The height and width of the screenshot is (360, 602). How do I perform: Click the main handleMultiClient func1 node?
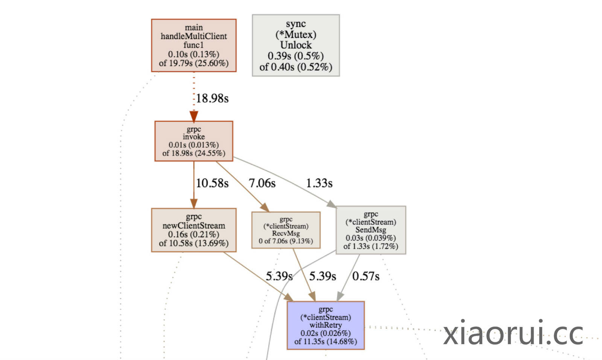[x=193, y=45]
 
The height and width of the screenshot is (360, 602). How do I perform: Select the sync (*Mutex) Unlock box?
[x=296, y=45]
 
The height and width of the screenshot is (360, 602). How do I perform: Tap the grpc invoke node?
[x=193, y=141]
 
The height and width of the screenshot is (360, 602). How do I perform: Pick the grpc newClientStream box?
[x=193, y=230]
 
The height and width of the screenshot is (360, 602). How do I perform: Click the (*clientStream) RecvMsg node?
[x=286, y=230]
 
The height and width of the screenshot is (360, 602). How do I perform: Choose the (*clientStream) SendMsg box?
[x=371, y=230]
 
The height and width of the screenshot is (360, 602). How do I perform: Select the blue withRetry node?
[x=325, y=325]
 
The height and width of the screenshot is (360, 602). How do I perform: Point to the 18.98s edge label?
[x=212, y=99]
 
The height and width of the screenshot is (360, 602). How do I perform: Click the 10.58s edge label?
[x=212, y=183]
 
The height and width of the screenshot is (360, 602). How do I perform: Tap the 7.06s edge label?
[x=262, y=183]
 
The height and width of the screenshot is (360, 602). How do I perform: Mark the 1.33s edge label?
[x=319, y=183]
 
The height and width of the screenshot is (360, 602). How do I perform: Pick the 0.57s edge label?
[x=366, y=276]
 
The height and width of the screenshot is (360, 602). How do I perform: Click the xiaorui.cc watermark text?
[x=513, y=333]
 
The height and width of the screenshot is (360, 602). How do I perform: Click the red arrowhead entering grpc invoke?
[x=194, y=116]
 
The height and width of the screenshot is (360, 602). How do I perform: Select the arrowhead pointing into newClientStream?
[x=194, y=204]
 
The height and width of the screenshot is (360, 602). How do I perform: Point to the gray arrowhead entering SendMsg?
[x=331, y=204]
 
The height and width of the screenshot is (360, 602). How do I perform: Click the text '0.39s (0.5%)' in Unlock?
[x=296, y=56]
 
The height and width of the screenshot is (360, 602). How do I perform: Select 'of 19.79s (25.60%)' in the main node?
[x=193, y=63]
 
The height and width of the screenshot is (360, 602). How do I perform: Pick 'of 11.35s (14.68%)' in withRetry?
[x=325, y=342]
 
